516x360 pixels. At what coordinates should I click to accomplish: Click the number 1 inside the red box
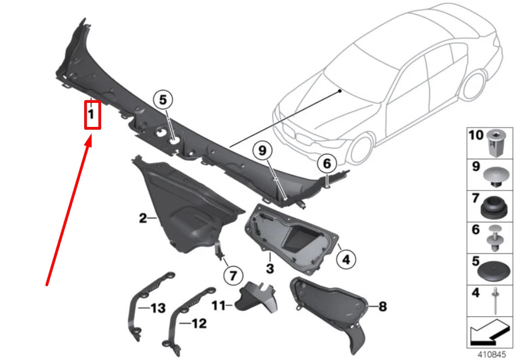pos(92,115)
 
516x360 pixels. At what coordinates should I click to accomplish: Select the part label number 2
pos(143,219)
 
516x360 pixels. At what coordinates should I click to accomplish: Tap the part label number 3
pos(270,268)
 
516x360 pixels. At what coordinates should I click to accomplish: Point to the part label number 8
pos(382,306)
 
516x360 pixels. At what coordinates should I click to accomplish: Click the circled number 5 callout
pos(163,100)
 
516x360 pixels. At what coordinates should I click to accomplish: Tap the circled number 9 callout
pos(262,149)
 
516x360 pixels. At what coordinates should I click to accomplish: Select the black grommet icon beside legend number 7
pos(494,206)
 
